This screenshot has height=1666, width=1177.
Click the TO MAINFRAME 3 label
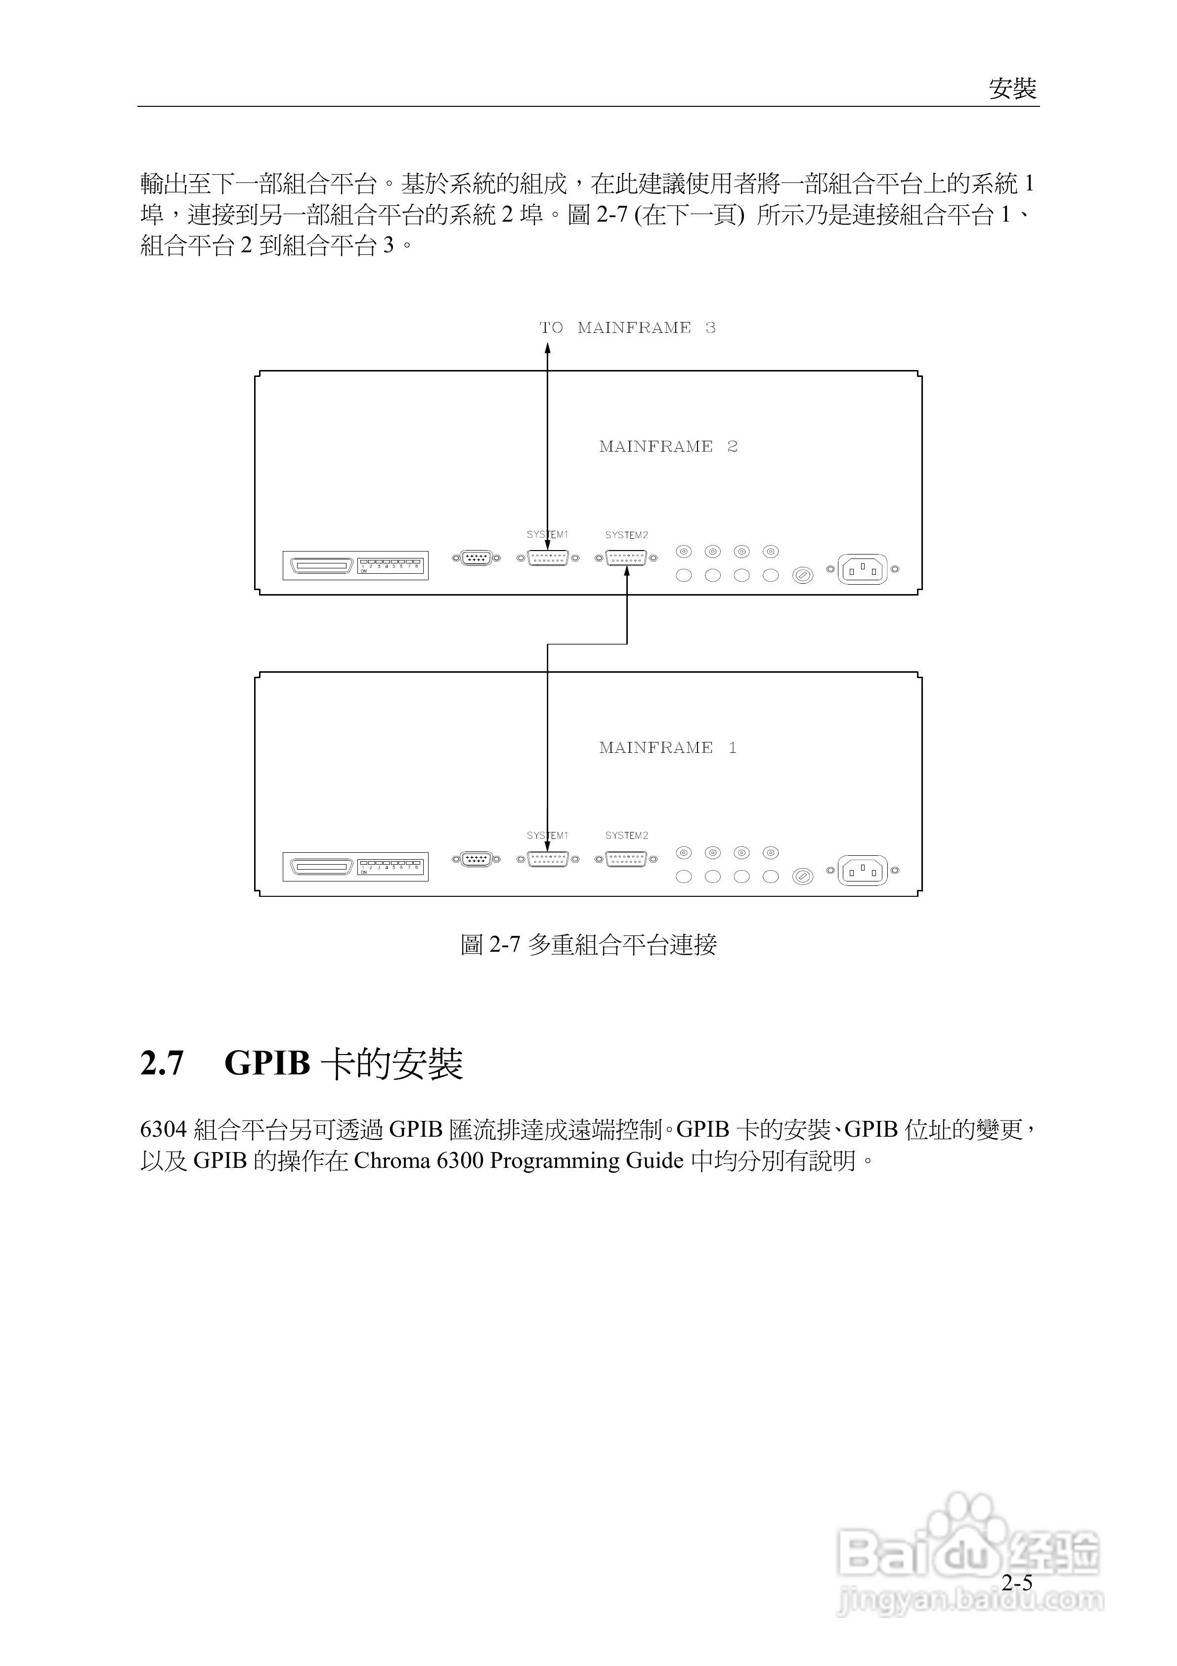click(x=627, y=328)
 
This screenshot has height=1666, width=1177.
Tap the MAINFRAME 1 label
click(x=668, y=748)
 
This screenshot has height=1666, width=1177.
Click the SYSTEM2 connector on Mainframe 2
click(x=626, y=558)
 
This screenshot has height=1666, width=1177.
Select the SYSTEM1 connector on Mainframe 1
click(x=548, y=860)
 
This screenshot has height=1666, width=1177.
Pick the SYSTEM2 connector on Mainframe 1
click(x=626, y=860)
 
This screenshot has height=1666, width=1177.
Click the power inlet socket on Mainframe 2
click(x=862, y=570)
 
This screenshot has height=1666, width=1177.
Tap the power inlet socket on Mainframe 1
click(x=862, y=871)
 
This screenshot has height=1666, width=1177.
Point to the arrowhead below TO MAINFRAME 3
click(x=548, y=348)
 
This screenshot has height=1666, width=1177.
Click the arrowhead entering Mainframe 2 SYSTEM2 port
click(x=627, y=572)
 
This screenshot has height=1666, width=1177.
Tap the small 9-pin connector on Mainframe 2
click(x=476, y=558)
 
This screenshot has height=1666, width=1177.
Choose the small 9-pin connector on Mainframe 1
click(x=476, y=860)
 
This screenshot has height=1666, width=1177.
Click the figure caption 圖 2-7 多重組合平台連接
click(x=588, y=945)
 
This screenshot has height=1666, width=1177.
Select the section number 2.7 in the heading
click(x=162, y=1064)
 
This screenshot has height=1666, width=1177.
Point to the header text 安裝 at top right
click(x=1012, y=89)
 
